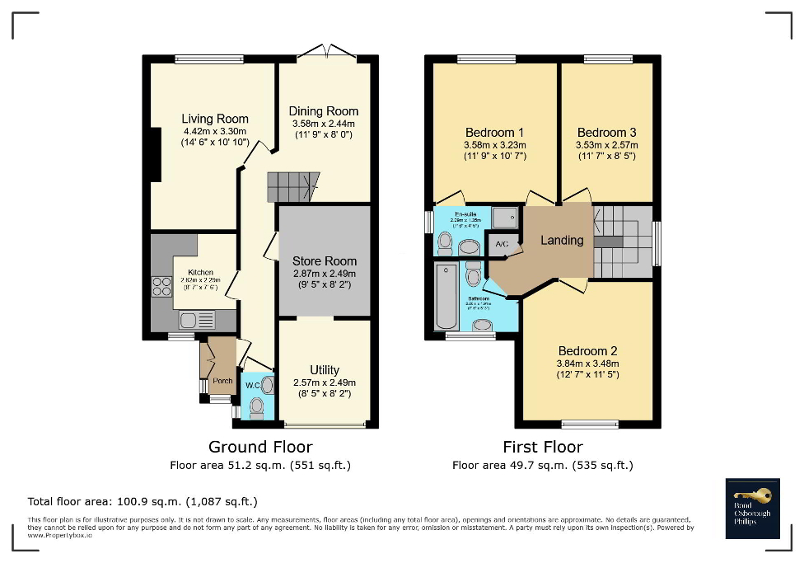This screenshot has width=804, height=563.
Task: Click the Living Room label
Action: [x=215, y=119]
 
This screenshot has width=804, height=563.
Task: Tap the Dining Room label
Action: [x=323, y=111]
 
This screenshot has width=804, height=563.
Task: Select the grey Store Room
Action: [x=324, y=261]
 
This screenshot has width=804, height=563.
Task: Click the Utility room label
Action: [x=325, y=370]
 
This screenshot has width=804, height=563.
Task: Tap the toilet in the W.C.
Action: [x=256, y=406]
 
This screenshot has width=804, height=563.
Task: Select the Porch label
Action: [x=222, y=381]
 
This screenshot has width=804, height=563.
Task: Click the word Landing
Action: [x=562, y=241]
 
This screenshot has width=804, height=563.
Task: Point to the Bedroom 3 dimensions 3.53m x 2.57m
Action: [x=606, y=145]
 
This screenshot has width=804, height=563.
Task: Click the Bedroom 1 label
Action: [x=494, y=133]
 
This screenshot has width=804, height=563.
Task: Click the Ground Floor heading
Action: [x=260, y=447]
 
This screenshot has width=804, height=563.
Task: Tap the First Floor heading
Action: [x=543, y=447]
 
